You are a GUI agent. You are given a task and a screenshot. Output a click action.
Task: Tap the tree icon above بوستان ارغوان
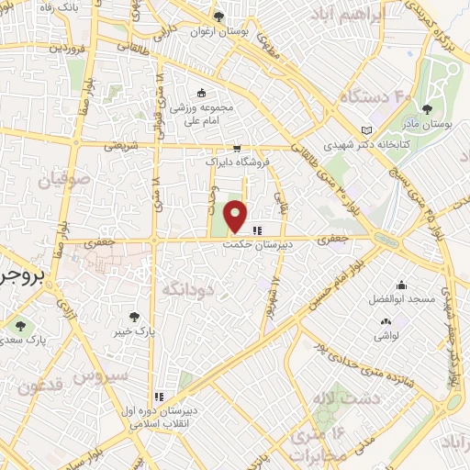pyautogui.click(x=218, y=16)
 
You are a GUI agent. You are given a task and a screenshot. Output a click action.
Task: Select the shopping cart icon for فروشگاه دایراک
pyautogui.click(x=237, y=148)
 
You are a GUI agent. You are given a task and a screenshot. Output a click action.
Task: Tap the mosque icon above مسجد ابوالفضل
pyautogui.click(x=400, y=285)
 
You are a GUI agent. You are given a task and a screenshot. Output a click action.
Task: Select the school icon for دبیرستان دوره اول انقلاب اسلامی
pyautogui.click(x=159, y=397)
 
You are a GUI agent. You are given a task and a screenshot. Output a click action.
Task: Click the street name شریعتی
pyautogui.click(x=120, y=145)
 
